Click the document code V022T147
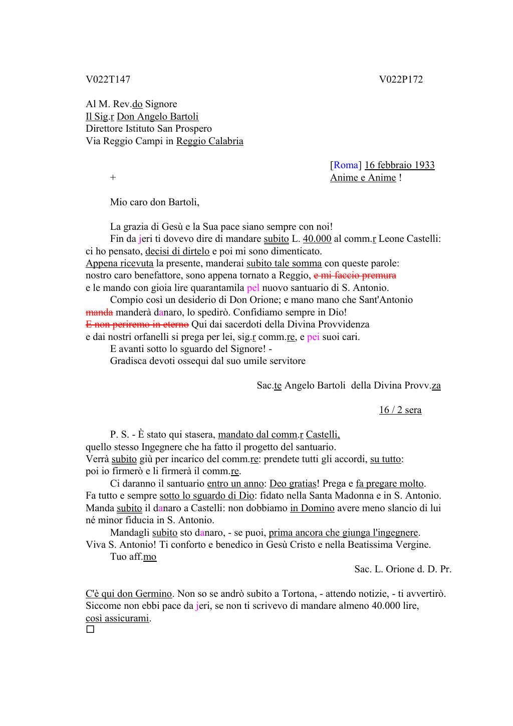108,80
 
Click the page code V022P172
401,80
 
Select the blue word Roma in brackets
346,165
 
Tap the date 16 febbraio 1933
399,165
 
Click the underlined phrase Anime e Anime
363,178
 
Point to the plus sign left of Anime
113,178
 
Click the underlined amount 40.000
317,239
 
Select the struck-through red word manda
99,312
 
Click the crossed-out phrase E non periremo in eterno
137,324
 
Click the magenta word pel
253,288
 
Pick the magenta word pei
313,337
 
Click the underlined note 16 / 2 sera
400,410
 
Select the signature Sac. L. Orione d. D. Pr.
403,569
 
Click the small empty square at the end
90,629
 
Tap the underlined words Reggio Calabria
209,141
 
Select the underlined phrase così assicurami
118,618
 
